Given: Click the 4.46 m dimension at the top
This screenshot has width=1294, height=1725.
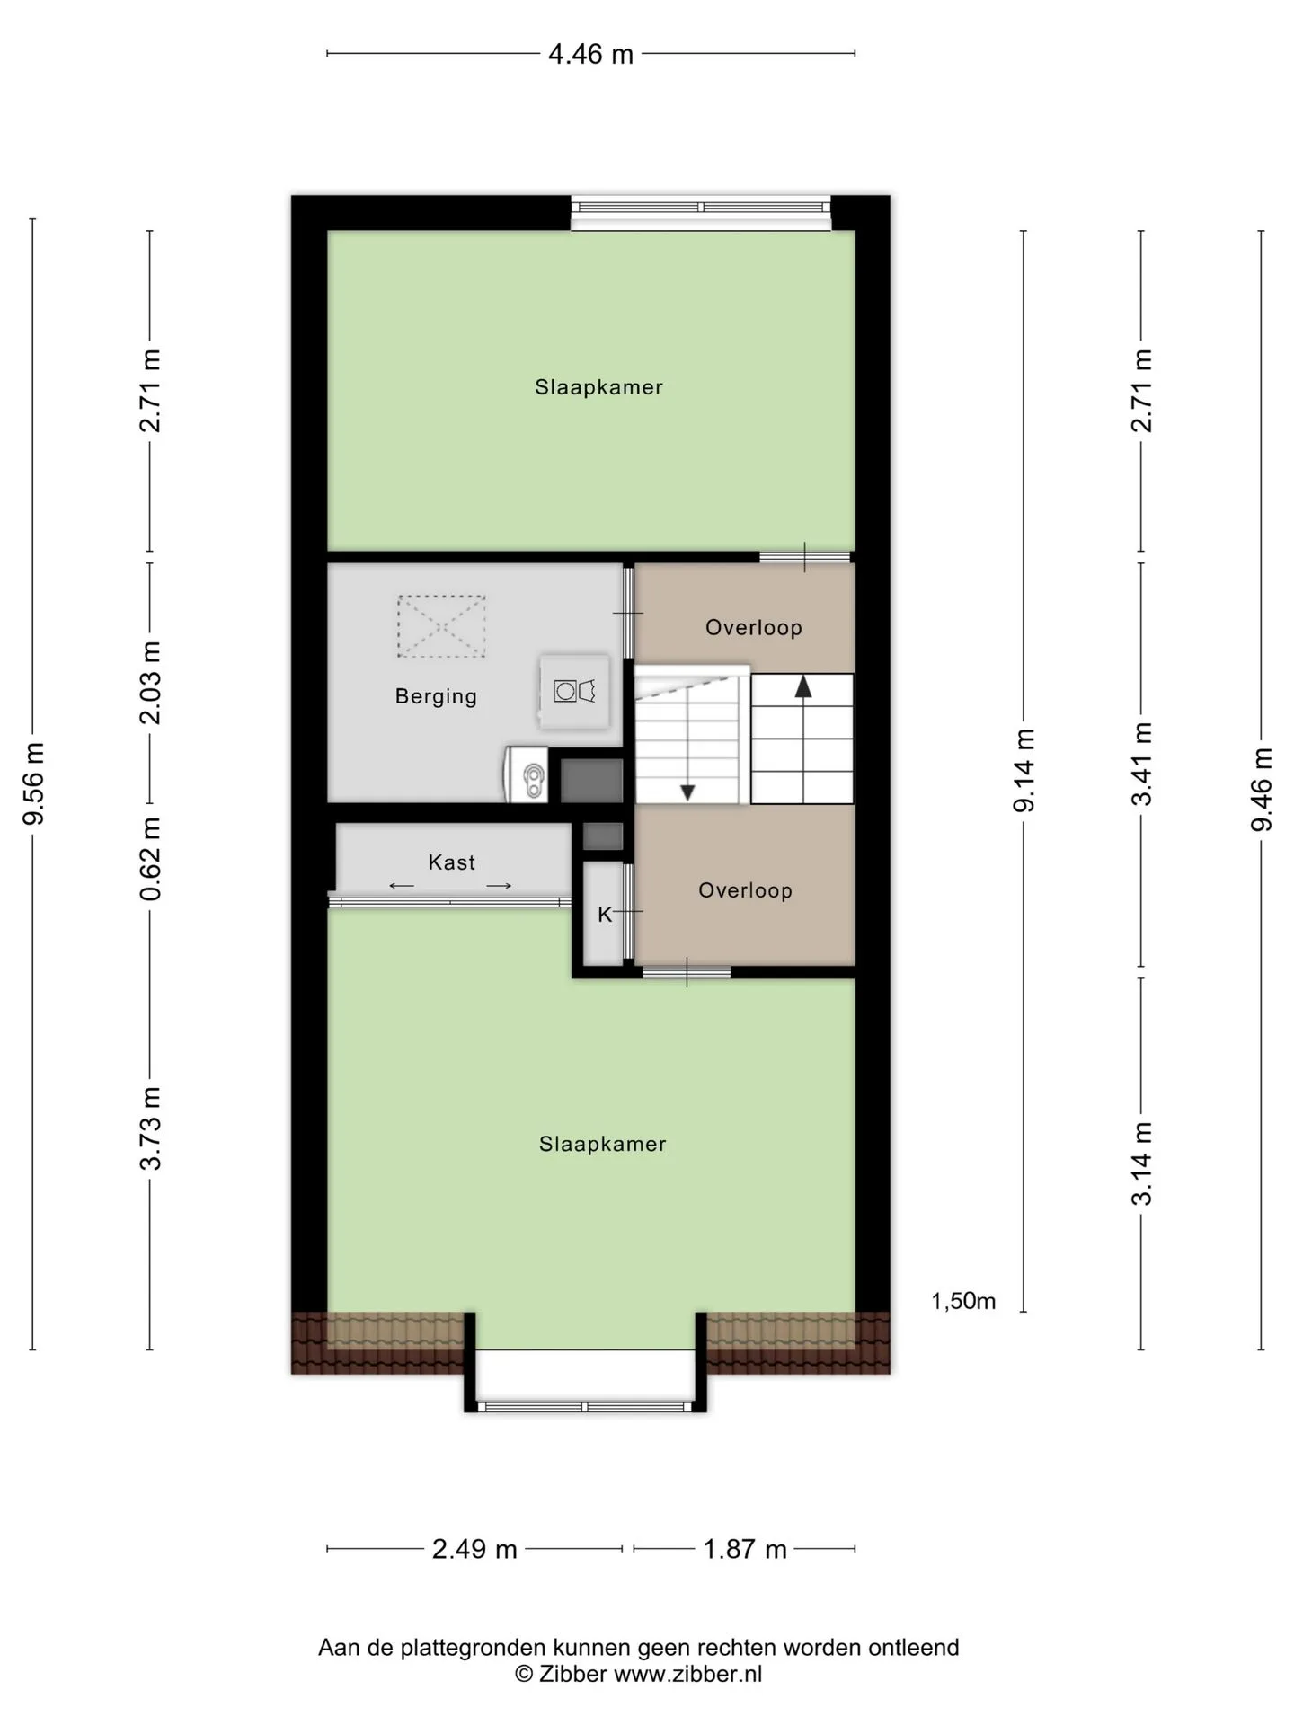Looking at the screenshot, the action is click(590, 54).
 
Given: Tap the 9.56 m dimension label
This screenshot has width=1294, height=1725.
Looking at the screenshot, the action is click(34, 783).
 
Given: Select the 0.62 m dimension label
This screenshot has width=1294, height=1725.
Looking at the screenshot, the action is click(151, 858).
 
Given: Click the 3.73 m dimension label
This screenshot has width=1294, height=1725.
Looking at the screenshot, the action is click(151, 1128).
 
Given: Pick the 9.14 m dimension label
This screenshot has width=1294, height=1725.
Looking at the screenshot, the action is click(1024, 771).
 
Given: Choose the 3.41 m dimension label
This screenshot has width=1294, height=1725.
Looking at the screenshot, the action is click(1141, 764).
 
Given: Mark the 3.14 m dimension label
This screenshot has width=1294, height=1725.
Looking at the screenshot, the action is click(1141, 1163).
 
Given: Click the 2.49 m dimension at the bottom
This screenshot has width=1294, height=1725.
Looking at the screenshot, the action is click(474, 1549).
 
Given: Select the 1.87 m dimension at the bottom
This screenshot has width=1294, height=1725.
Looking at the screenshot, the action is click(744, 1549).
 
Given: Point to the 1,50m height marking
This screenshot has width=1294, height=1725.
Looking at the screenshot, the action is click(963, 1301).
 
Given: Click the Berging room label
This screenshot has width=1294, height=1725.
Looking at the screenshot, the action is click(436, 696).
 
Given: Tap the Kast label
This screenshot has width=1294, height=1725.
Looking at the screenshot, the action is click(451, 862).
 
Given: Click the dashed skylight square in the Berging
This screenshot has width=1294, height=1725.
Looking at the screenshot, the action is click(441, 626).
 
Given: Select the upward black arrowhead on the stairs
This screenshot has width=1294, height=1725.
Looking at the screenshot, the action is click(803, 687).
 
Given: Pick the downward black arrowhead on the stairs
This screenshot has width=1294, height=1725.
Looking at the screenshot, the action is click(687, 792).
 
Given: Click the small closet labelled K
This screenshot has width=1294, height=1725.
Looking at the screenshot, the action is click(603, 914).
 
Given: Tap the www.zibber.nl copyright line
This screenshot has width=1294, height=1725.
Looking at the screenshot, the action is click(638, 1674).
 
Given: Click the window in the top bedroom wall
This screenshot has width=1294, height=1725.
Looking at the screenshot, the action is click(701, 208).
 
